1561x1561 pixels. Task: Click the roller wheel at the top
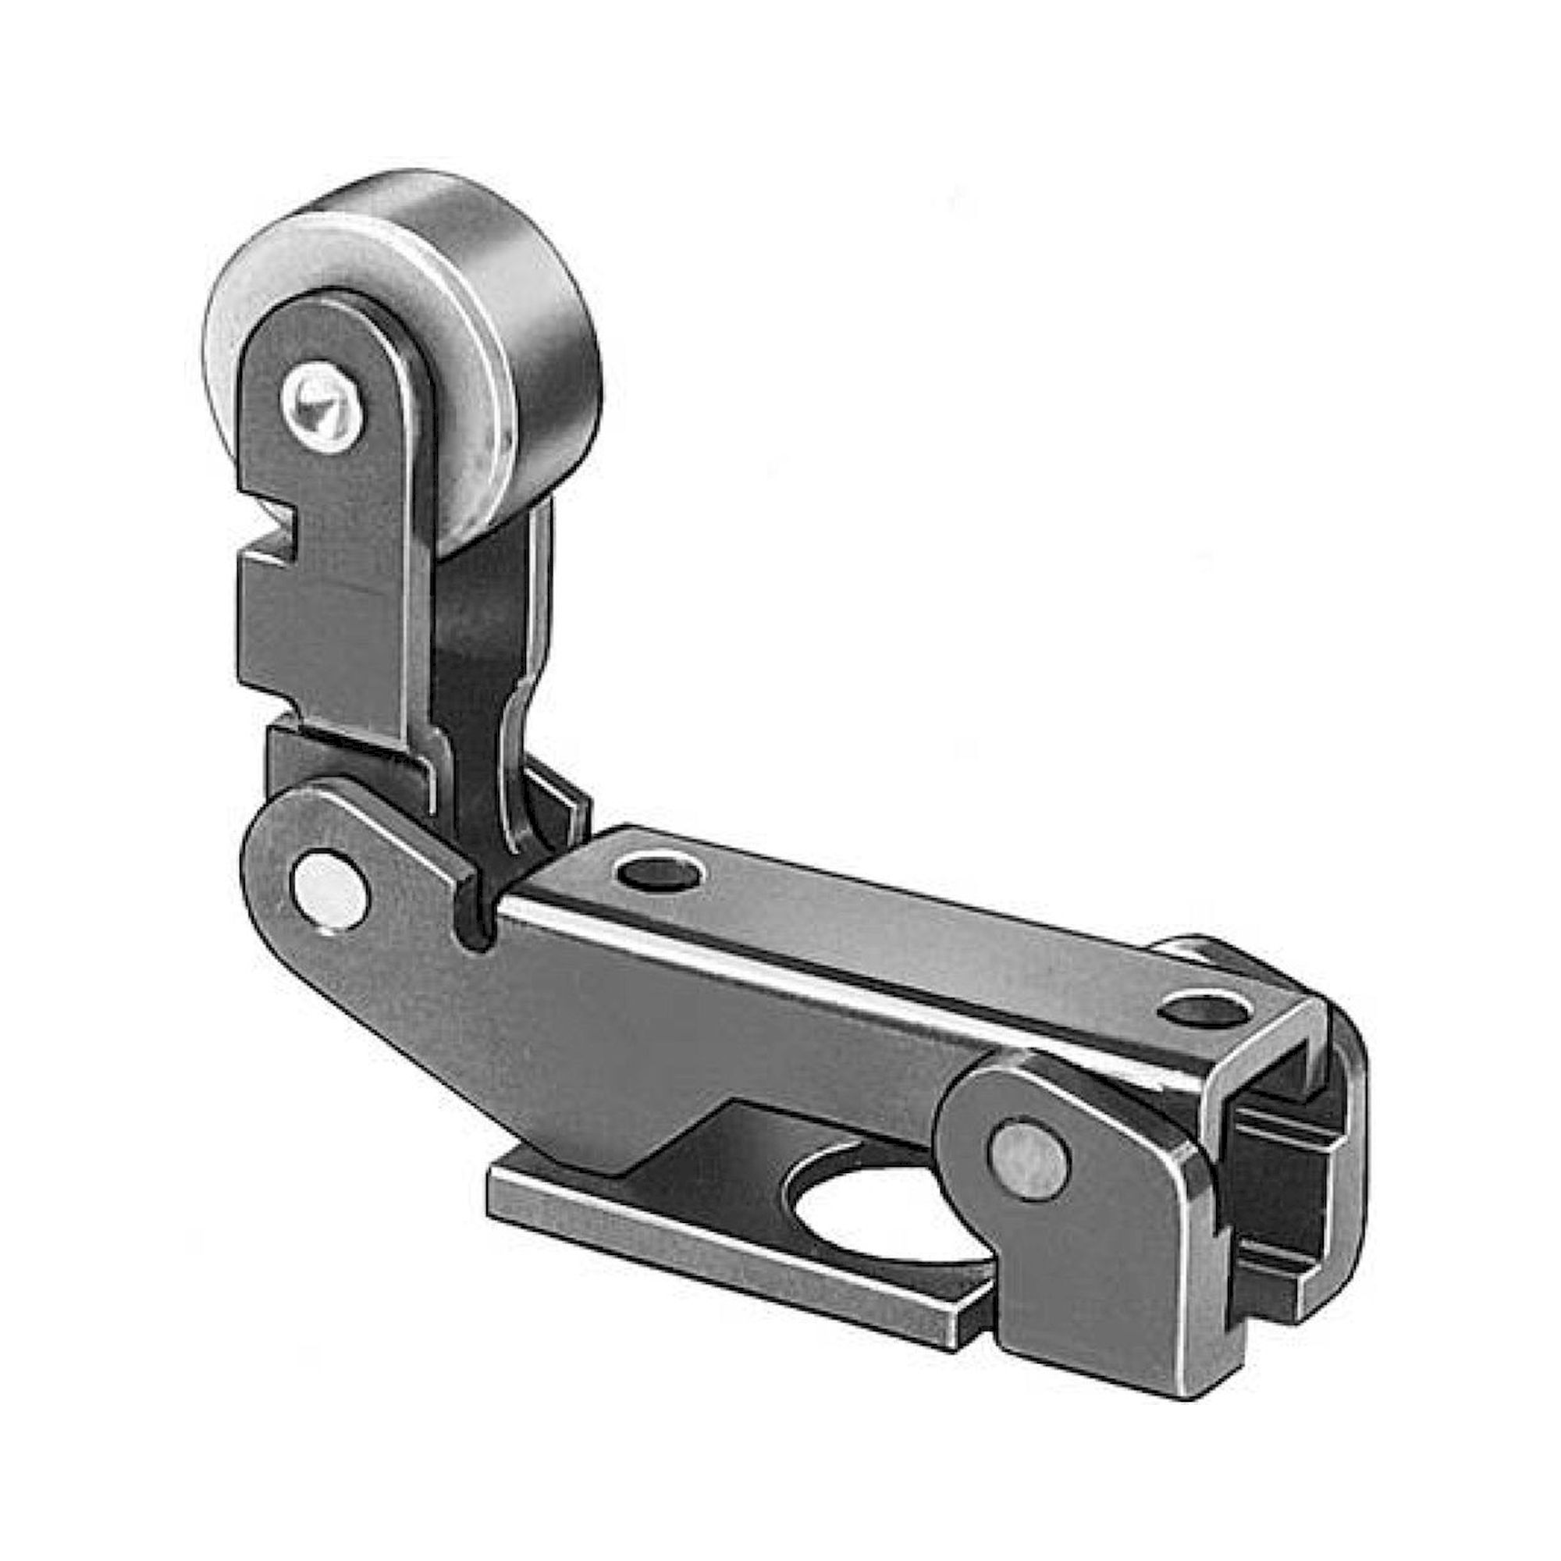[453, 323]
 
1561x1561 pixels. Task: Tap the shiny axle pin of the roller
[322, 400]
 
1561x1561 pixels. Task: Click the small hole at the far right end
[1196, 1011]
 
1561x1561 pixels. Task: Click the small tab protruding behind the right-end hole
[1204, 954]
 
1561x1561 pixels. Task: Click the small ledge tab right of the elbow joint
[566, 800]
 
